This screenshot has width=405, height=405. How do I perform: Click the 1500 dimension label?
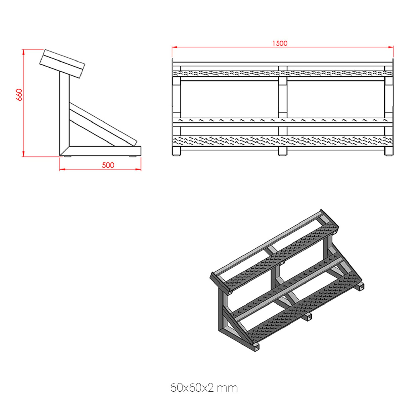pyautogui.click(x=280, y=43)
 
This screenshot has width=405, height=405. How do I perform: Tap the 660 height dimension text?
pyautogui.click(x=19, y=95)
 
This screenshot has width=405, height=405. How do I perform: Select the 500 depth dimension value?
pyautogui.click(x=108, y=165)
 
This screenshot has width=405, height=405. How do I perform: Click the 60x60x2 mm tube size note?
pyautogui.click(x=204, y=388)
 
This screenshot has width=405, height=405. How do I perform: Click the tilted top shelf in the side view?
pyautogui.click(x=62, y=63)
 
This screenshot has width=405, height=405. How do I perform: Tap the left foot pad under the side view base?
pyautogui.click(x=67, y=157)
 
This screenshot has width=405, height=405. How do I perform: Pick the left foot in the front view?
pyautogui.click(x=176, y=151)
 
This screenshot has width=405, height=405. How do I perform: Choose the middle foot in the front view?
pyautogui.click(x=282, y=151)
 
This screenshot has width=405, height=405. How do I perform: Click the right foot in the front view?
pyautogui.click(x=389, y=151)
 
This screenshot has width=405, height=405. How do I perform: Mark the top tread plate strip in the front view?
pyautogui.click(x=282, y=73)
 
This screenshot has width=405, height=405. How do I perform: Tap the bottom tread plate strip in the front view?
pyautogui.click(x=282, y=140)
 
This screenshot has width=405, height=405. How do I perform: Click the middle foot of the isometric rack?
pyautogui.click(x=307, y=317)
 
